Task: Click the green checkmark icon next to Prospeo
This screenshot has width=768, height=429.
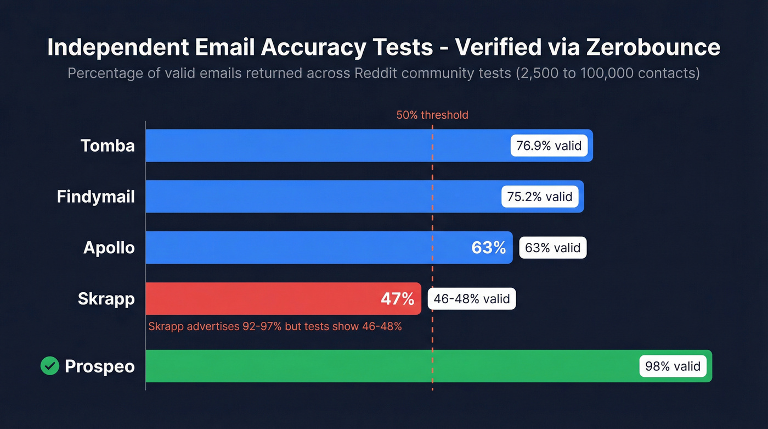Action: pyautogui.click(x=50, y=366)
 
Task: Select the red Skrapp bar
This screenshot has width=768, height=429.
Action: pyautogui.click(x=263, y=299)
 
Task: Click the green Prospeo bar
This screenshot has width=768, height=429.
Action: pyautogui.click(x=384, y=366)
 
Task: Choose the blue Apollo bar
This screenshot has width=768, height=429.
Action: pyautogui.click(x=302, y=248)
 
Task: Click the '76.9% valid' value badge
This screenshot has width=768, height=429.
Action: pyautogui.click(x=549, y=146)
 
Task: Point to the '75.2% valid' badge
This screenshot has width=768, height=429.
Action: pyautogui.click(x=539, y=197)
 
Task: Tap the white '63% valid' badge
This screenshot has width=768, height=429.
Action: pyautogui.click(x=552, y=248)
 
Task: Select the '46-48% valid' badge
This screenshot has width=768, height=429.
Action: pyautogui.click(x=472, y=299)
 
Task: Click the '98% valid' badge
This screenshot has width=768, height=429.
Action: pyautogui.click(x=673, y=366)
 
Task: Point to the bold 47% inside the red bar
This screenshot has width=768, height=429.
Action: pyautogui.click(x=397, y=299)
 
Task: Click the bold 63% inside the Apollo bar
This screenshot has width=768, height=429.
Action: pyautogui.click(x=488, y=248)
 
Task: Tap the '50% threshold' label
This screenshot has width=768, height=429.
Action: pyautogui.click(x=432, y=115)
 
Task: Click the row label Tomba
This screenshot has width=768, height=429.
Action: pyautogui.click(x=108, y=146)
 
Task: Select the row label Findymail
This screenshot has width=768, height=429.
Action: pyautogui.click(x=96, y=197)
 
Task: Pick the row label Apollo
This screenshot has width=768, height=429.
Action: pyautogui.click(x=109, y=248)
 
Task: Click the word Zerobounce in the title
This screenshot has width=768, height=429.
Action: pyautogui.click(x=653, y=48)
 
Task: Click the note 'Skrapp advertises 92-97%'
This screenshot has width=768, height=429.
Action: pyautogui.click(x=215, y=326)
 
